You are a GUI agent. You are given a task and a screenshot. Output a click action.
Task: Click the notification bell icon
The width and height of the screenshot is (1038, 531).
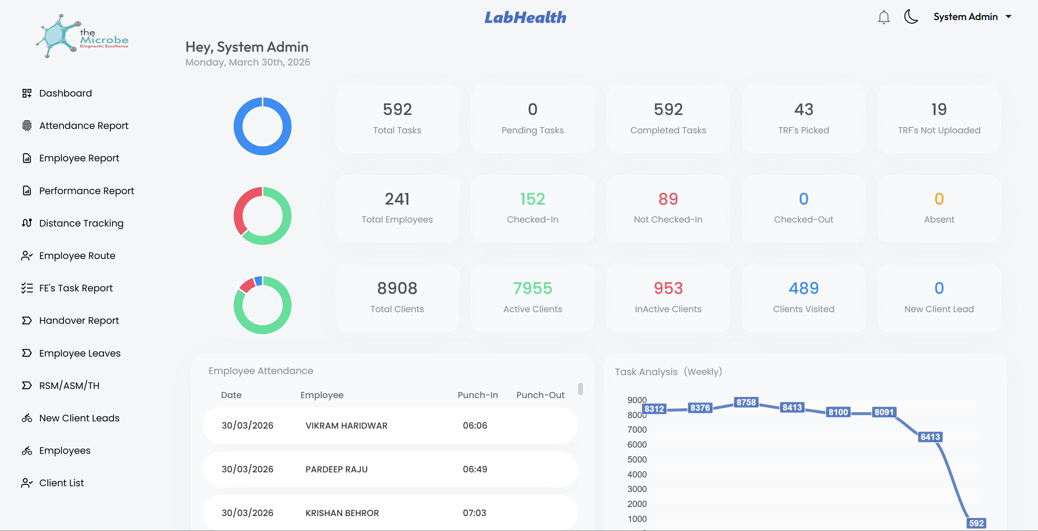coord(883,17)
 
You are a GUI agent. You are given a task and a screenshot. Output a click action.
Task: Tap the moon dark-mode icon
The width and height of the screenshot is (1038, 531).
coord(911,17)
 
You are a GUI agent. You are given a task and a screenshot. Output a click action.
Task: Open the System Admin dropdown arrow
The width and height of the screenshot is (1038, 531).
coord(1008,17)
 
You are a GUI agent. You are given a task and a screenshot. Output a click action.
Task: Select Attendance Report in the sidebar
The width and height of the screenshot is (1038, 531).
coord(83,126)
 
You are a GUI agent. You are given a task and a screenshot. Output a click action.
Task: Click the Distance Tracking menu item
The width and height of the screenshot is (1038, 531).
coord(81,223)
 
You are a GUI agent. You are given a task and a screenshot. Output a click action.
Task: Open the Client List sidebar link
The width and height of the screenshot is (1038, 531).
coord(61,483)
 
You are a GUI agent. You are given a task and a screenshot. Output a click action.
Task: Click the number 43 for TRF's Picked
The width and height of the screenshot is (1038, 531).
coord(803,110)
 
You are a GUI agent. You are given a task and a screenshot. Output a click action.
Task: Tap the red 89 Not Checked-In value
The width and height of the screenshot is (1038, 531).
coord(668,199)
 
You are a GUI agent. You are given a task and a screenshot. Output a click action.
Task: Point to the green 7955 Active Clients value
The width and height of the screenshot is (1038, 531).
coord(532,288)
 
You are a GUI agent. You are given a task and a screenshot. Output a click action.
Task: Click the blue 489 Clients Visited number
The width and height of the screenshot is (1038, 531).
coord(803,288)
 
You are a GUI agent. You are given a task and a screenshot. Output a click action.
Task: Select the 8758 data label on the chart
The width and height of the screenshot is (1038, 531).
coord(746,402)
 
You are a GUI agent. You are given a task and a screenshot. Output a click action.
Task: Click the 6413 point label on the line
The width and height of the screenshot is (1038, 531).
coord(930,437)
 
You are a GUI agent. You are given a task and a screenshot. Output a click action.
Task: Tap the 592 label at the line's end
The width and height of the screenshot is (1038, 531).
coord(976,523)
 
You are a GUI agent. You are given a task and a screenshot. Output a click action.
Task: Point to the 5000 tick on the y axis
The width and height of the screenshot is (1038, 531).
coord(637,459)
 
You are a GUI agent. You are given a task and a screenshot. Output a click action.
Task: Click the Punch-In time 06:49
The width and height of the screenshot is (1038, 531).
coord(475,469)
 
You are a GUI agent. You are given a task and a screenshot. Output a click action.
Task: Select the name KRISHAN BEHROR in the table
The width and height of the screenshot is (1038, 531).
coord(342,513)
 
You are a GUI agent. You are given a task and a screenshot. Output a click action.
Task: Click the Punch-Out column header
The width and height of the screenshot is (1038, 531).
coord(540,395)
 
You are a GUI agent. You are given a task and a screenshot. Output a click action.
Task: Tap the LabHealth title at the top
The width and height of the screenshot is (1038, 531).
coord(525,17)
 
